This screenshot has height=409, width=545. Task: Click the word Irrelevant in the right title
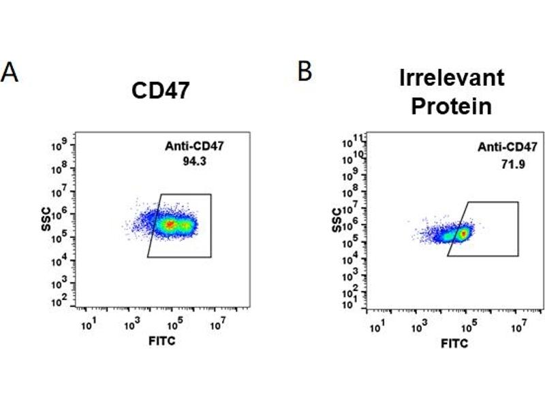452,78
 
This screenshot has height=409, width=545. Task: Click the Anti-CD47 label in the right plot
508,146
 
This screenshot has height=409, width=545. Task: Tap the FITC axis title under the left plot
161,340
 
